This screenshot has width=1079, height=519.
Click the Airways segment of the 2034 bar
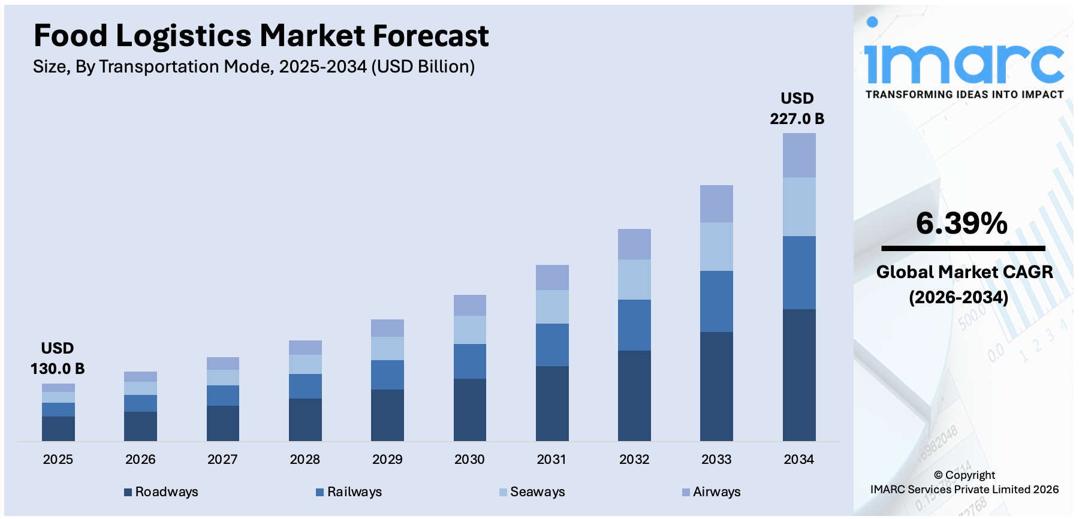798,155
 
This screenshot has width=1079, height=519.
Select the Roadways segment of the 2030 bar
469,410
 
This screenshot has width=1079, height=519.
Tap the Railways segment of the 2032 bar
634,325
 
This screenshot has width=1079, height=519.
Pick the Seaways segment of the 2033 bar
716,246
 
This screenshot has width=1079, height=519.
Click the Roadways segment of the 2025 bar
58,429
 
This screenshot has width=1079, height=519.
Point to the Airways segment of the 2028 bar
305,348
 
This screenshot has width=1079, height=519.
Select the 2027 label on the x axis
222,460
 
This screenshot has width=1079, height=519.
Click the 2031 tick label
551,460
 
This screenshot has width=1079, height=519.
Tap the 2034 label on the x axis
798,460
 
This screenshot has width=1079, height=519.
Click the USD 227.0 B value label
797,108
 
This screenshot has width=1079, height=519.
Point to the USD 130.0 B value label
58,358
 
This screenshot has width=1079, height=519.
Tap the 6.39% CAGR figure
962,224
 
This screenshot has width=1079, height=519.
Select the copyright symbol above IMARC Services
938,475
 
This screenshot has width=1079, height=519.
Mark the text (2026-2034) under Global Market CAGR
959,297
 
